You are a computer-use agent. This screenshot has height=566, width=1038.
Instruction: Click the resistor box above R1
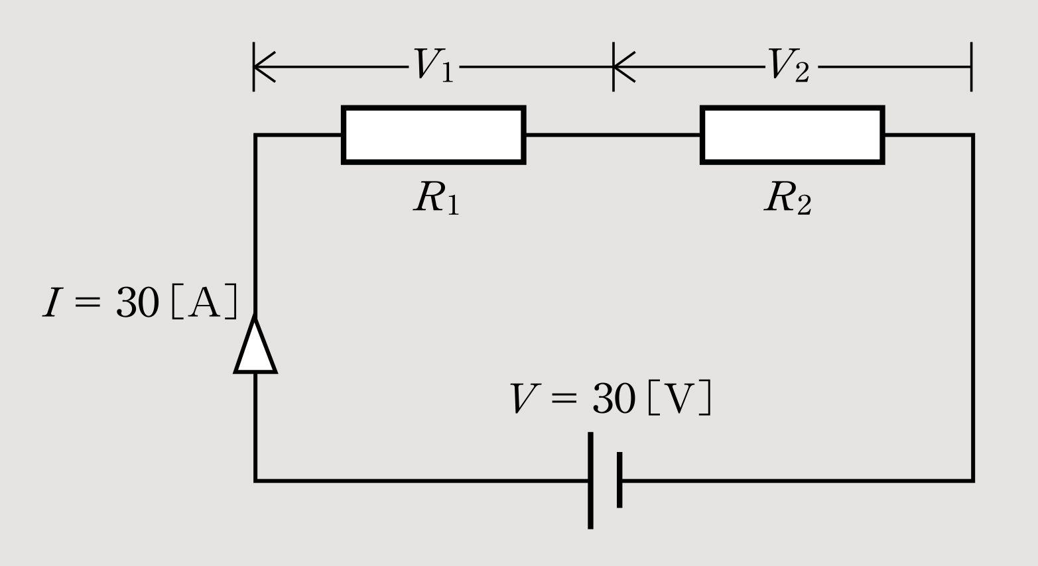click(x=434, y=135)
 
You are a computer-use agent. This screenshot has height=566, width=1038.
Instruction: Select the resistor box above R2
click(x=793, y=135)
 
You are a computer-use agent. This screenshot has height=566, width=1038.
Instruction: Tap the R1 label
click(x=435, y=197)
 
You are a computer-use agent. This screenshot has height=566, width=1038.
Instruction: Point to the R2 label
click(x=787, y=197)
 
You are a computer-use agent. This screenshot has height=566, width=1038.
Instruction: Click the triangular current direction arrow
click(x=255, y=346)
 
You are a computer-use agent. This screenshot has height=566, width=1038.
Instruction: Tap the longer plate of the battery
click(x=590, y=481)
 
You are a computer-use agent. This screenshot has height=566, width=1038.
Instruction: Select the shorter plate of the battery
click(x=619, y=480)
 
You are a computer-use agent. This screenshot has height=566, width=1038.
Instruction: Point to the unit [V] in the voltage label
click(x=679, y=400)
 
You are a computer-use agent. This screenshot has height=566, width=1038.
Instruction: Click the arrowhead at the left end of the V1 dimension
click(x=264, y=66)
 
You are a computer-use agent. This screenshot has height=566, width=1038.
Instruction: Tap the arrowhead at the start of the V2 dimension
click(x=623, y=66)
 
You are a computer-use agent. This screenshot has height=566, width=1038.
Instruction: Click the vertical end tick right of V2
click(x=971, y=66)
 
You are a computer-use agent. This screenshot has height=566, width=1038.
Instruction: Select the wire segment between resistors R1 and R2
click(x=613, y=135)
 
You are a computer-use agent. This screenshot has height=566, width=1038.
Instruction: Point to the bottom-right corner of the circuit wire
click(x=972, y=480)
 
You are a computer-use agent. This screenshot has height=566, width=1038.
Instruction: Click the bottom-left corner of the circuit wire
click(x=256, y=480)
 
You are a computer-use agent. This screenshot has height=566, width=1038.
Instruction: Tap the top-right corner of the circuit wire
click(x=972, y=136)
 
